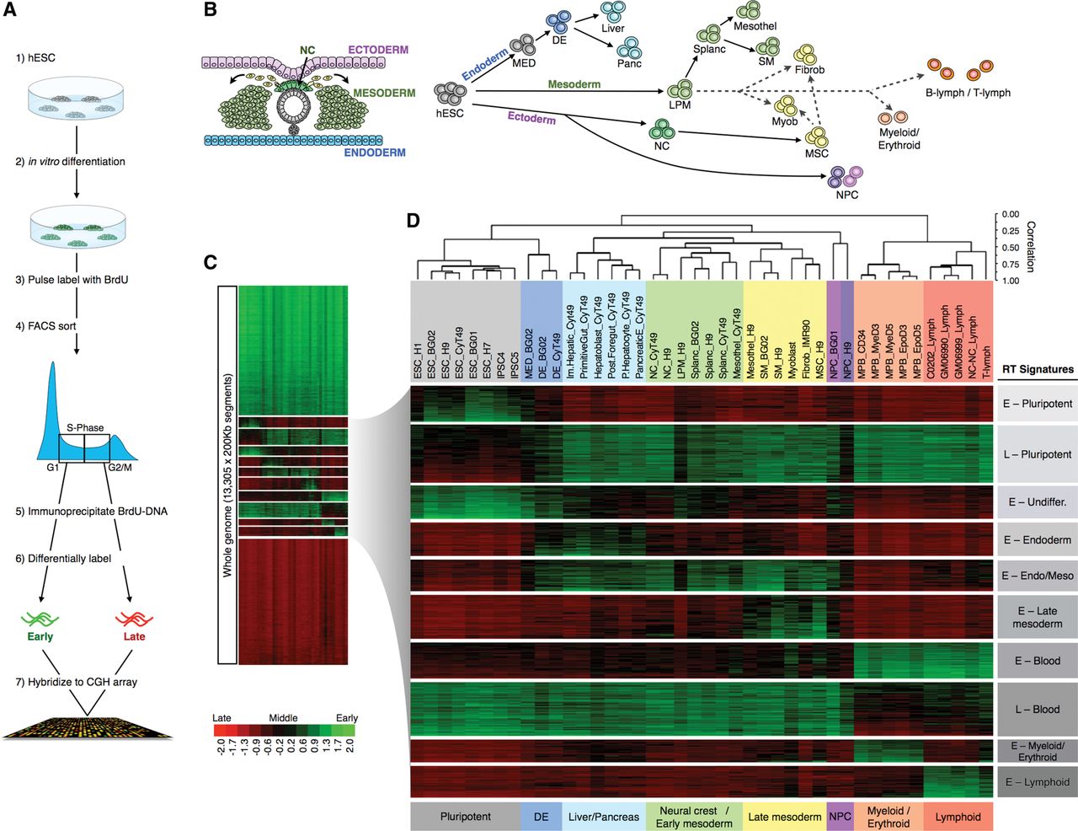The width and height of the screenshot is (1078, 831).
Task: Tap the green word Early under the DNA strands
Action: click(40, 636)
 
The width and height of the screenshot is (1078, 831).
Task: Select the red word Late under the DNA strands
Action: click(134, 636)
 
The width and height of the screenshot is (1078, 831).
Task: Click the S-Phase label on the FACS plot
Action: click(85, 428)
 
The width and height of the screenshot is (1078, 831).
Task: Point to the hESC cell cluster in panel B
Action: click(450, 94)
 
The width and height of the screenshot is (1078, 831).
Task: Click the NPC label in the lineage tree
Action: click(847, 195)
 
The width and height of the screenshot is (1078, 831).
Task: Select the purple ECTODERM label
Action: click(378, 50)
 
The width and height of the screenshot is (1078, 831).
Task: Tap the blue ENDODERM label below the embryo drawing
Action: click(375, 153)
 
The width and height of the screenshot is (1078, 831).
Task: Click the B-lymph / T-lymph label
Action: click(968, 93)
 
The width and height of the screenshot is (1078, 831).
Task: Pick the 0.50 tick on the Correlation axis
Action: click(1011, 248)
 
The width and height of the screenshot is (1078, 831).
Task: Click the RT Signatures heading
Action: click(1038, 369)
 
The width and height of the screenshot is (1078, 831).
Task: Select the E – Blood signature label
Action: click(1038, 661)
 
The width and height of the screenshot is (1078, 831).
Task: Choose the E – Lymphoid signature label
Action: click(1038, 782)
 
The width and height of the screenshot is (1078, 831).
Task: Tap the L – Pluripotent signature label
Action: click(1038, 454)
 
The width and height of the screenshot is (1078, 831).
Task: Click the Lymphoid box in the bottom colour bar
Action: click(958, 817)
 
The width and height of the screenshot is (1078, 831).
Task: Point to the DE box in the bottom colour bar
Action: click(541, 817)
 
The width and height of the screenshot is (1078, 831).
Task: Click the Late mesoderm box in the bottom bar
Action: click(784, 817)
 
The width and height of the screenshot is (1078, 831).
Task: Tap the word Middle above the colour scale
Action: click(283, 718)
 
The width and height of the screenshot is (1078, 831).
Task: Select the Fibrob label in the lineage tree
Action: click(809, 70)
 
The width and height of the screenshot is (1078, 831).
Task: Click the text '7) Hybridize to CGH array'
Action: click(76, 682)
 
